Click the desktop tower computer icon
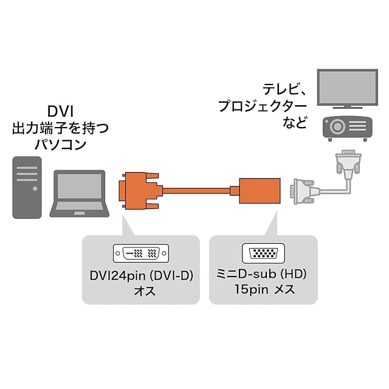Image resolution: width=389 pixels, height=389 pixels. (27, 187)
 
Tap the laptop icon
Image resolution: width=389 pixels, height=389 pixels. (80, 193)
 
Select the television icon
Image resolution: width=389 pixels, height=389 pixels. (347, 89)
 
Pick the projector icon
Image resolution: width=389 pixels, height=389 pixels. (347, 129)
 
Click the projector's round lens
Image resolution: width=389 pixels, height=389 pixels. (337, 126)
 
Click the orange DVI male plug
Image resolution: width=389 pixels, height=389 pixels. (140, 190)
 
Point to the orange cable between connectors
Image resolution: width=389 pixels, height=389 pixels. (196, 191)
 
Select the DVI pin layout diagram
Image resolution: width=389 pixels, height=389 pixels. (141, 253)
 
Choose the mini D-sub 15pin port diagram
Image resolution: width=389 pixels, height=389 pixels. (263, 253)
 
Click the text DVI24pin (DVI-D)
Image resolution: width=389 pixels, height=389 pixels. (141, 275)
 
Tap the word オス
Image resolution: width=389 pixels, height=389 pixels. (145, 291)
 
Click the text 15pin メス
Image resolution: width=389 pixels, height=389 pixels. (264, 289)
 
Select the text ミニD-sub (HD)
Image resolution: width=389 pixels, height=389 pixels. (261, 274)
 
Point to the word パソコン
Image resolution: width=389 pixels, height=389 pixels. (60, 145)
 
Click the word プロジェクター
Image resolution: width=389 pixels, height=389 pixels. (263, 106)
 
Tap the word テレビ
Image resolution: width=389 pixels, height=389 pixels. (281, 89)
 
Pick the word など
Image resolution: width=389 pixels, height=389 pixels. (295, 122)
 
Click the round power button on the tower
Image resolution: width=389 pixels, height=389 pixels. (35, 188)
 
